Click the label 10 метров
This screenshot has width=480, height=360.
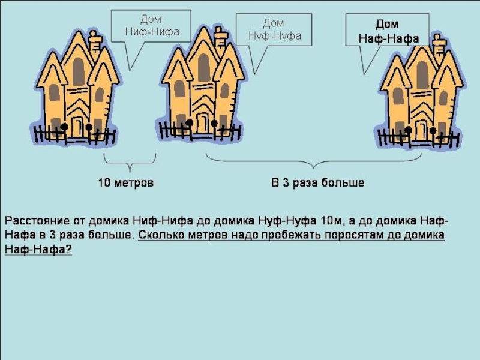(x=126, y=182)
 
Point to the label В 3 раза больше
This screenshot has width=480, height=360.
(x=317, y=182)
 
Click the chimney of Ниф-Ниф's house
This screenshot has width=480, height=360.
(x=95, y=43)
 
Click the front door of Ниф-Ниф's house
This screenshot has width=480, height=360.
(x=77, y=127)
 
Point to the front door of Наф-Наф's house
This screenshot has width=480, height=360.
(x=421, y=131)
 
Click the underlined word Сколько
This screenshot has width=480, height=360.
(x=161, y=235)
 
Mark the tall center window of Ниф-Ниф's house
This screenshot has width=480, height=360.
(x=79, y=71)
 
